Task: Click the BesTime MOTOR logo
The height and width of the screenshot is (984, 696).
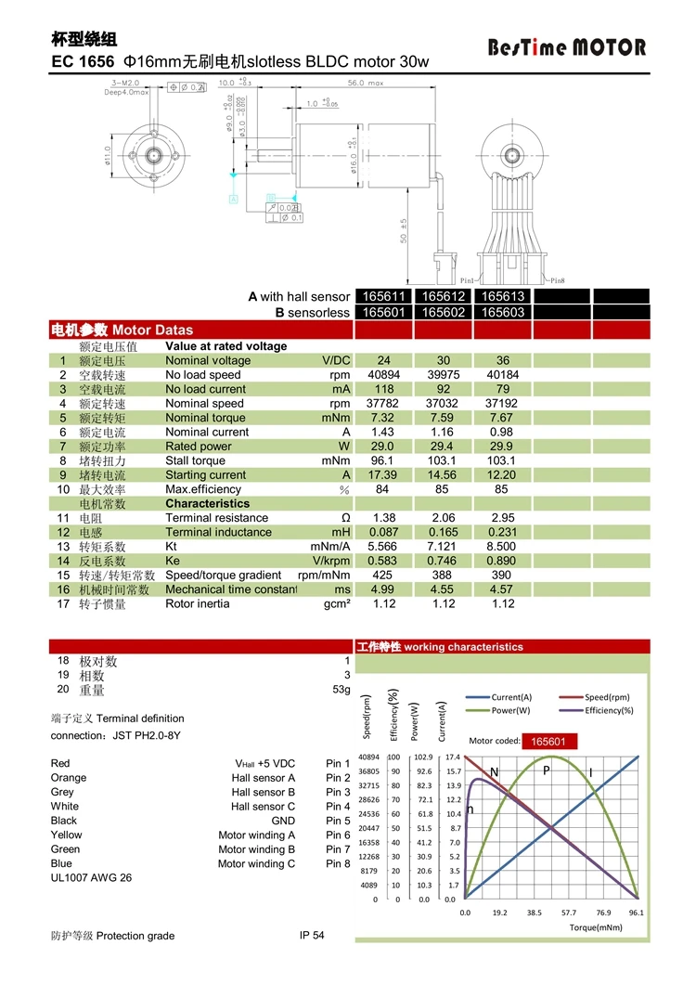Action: tap(567, 47)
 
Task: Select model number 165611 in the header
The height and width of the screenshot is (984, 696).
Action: tap(384, 296)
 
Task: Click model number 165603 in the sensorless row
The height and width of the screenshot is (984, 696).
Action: tap(502, 313)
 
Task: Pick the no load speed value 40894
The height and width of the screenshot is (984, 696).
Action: tap(384, 375)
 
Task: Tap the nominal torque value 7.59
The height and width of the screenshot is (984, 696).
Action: tap(442, 418)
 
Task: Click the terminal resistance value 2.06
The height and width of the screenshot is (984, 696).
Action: tap(442, 518)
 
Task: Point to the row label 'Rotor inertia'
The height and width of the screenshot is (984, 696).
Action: tap(197, 604)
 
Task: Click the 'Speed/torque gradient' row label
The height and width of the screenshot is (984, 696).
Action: tap(223, 576)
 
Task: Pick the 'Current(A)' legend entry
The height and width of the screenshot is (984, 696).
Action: tap(511, 697)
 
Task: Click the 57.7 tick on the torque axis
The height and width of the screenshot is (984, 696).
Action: tap(568, 913)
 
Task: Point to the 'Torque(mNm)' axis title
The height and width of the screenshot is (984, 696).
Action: tap(595, 926)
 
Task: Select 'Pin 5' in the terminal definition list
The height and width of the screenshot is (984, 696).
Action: tap(338, 821)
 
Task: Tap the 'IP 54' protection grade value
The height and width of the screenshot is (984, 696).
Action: tap(312, 935)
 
